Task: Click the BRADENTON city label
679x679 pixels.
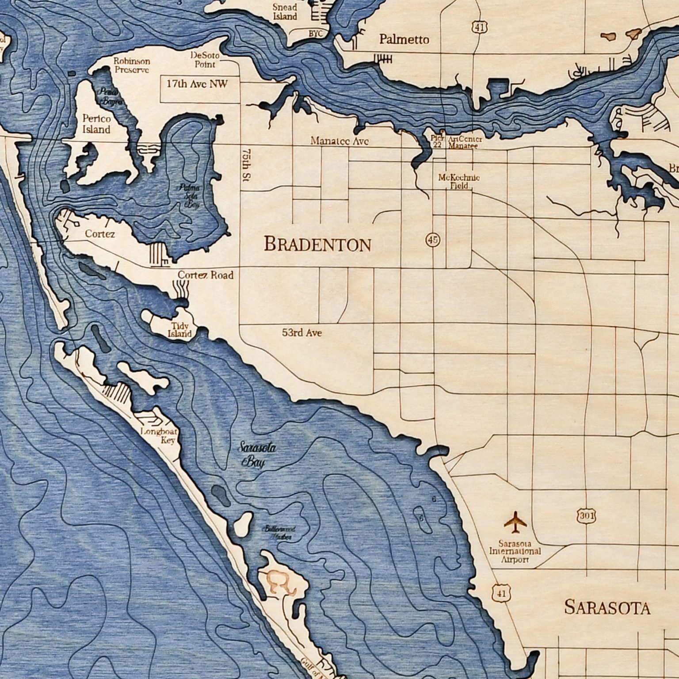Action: tap(317, 244)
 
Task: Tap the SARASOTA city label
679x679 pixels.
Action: tap(607, 608)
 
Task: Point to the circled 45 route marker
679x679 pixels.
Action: tap(433, 240)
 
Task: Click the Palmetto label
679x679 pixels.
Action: tap(404, 40)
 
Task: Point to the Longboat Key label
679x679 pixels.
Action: tap(160, 436)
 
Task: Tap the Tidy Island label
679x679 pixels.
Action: tap(180, 330)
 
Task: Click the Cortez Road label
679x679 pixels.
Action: tap(206, 275)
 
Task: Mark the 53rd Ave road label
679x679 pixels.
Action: tap(302, 332)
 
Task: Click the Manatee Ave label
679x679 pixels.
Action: tap(339, 141)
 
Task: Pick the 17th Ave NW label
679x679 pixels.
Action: tap(197, 84)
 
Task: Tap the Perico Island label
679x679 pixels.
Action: tap(96, 124)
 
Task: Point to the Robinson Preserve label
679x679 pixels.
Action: tap(132, 65)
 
